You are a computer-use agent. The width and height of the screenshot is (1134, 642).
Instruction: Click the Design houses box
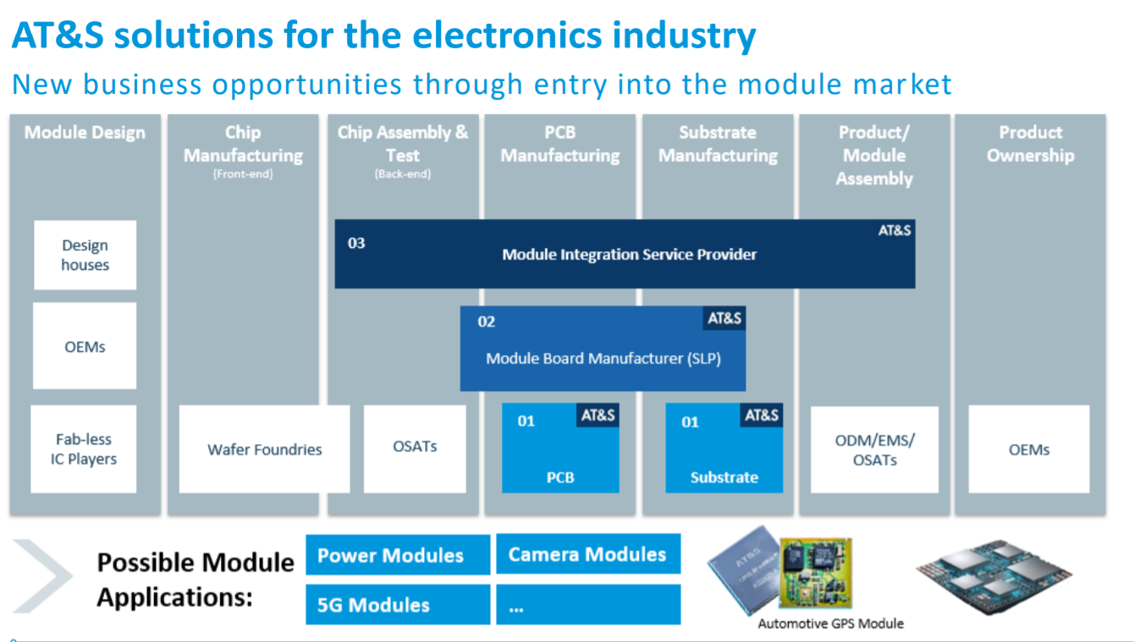click(x=85, y=255)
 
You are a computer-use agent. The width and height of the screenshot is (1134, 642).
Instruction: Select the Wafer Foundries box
click(x=264, y=449)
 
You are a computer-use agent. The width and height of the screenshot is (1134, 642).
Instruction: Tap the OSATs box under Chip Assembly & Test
click(x=415, y=447)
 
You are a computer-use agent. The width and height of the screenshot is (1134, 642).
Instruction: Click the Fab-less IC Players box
click(x=84, y=449)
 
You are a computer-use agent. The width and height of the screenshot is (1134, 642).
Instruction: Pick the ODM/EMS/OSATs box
click(x=874, y=449)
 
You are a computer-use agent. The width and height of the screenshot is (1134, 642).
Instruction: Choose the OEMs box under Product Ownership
click(x=1028, y=449)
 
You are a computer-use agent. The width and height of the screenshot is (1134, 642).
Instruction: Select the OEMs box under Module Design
click(x=85, y=346)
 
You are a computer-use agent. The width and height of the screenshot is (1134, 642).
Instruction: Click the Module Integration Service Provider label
click(x=629, y=254)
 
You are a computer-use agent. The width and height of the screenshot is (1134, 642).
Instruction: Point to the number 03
click(x=356, y=244)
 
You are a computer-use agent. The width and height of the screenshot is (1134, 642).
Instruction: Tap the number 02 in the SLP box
click(x=487, y=321)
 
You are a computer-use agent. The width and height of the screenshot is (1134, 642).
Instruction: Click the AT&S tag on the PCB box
click(x=597, y=415)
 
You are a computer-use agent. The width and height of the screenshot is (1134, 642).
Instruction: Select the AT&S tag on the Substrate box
click(x=762, y=415)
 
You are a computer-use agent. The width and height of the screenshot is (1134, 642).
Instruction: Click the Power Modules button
click(x=397, y=555)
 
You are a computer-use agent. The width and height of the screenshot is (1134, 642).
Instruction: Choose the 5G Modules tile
click(x=397, y=605)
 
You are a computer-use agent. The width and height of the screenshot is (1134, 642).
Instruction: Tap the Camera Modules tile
click(x=587, y=554)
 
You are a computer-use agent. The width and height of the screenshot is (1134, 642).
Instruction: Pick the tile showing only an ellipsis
click(x=587, y=605)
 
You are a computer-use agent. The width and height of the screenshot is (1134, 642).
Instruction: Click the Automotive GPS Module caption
click(x=830, y=623)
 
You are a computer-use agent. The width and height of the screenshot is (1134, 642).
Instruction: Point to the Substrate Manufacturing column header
click(x=718, y=144)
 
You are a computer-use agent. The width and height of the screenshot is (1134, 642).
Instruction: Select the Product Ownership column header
click(x=1030, y=144)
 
